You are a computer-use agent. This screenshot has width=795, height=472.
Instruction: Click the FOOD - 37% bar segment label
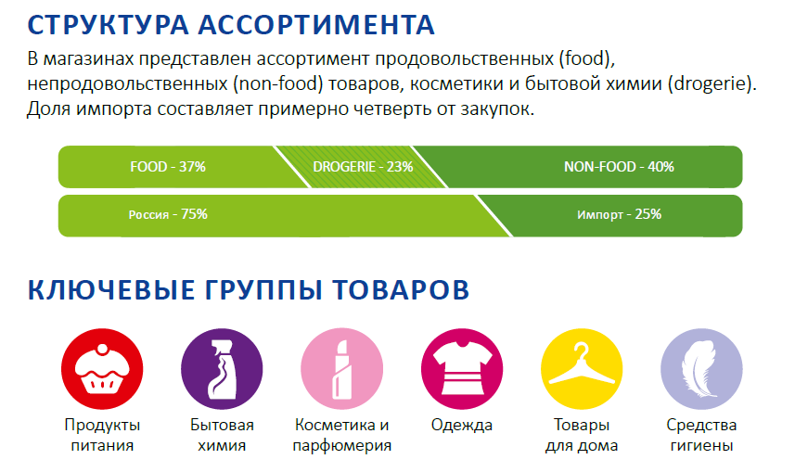(168, 167)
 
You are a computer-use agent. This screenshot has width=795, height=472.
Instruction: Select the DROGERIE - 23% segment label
(363, 167)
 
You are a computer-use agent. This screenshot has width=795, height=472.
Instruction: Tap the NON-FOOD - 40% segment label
(619, 167)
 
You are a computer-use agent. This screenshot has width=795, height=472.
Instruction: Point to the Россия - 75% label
(168, 214)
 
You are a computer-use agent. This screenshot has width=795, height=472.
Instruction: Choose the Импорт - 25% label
(619, 214)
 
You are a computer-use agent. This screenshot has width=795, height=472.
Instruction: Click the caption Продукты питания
(103, 435)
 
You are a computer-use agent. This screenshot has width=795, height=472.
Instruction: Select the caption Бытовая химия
(223, 435)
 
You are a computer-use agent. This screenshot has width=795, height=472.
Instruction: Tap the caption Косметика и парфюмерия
(342, 435)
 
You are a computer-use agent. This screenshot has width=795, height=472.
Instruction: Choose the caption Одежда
(462, 426)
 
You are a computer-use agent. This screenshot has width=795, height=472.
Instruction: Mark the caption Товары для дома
(582, 435)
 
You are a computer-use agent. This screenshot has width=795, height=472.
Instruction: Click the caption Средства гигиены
(701, 435)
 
